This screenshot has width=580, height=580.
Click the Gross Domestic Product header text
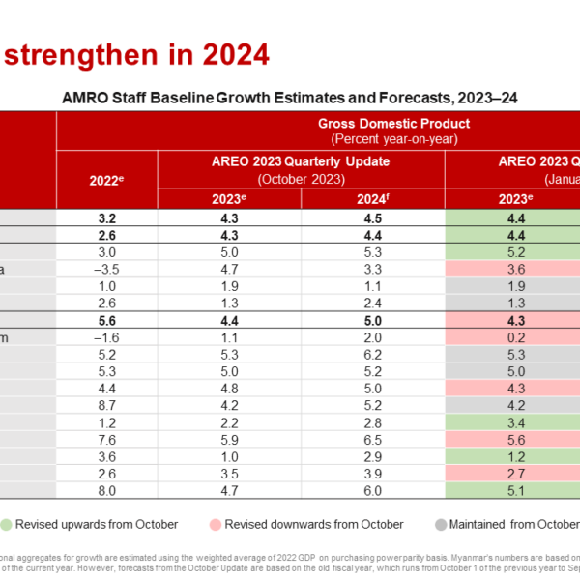point(393,123)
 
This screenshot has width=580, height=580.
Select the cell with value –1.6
point(107,337)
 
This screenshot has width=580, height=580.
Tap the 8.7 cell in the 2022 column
point(107,405)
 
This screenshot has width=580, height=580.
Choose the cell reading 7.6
point(107,439)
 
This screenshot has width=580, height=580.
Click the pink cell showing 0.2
point(515,337)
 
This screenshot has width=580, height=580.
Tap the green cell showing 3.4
point(515,422)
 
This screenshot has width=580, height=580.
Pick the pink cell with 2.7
point(515,473)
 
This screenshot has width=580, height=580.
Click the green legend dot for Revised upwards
point(6,524)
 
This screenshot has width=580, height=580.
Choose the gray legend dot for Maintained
point(441,524)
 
